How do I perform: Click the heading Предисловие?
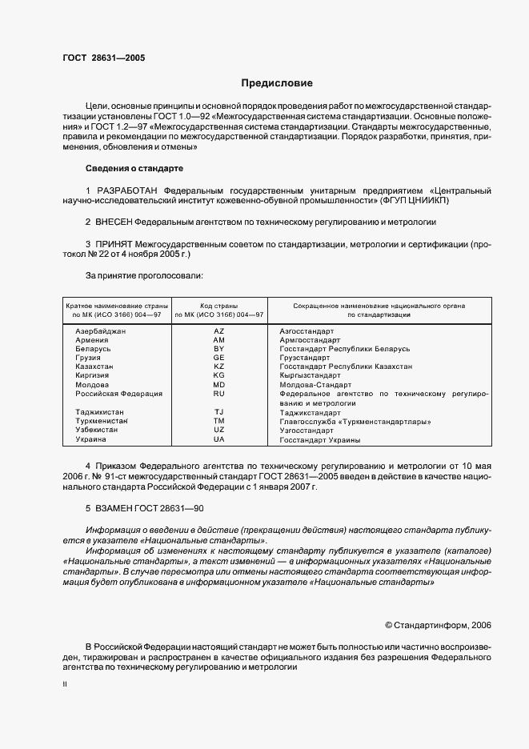278,82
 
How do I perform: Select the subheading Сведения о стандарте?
134,169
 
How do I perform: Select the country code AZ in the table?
218,331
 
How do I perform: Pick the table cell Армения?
92,340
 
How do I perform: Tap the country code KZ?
218,366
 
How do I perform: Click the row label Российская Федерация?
118,394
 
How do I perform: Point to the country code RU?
218,394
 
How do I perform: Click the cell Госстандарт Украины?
319,439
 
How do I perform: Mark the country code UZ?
218,431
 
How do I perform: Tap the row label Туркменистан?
102,421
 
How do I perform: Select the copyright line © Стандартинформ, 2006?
438,624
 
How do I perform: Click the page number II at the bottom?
65,684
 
